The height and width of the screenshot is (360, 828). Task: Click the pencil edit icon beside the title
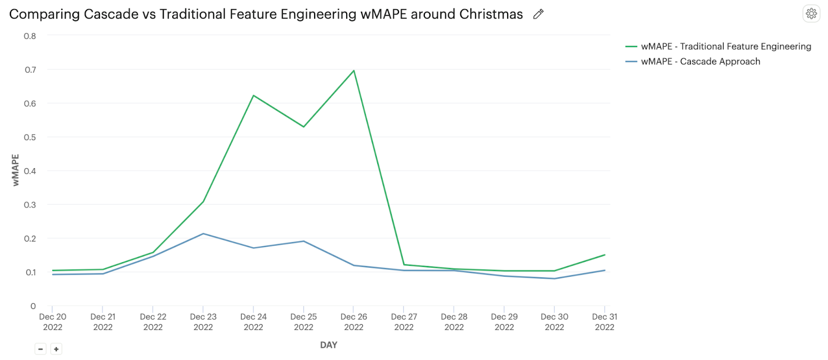click(538, 14)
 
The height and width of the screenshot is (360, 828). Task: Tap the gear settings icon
click(811, 13)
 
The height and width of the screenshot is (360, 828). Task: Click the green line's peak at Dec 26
click(354, 70)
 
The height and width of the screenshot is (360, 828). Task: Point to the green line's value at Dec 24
click(254, 96)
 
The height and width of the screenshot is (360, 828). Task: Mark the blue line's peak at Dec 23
click(203, 234)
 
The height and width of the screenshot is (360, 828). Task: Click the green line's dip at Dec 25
click(304, 127)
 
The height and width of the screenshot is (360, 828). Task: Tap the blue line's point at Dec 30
click(554, 279)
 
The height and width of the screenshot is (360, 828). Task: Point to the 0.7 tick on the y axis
click(31, 70)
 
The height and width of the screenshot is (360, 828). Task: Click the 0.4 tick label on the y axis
click(31, 171)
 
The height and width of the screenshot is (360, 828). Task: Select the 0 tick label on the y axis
click(33, 306)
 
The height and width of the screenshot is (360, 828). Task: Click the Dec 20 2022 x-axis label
click(53, 322)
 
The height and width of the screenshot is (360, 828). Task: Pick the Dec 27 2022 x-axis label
click(404, 322)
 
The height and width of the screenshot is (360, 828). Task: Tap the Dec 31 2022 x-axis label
click(604, 322)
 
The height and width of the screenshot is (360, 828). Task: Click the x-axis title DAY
click(329, 345)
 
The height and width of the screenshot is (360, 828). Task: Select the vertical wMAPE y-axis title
click(16, 170)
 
